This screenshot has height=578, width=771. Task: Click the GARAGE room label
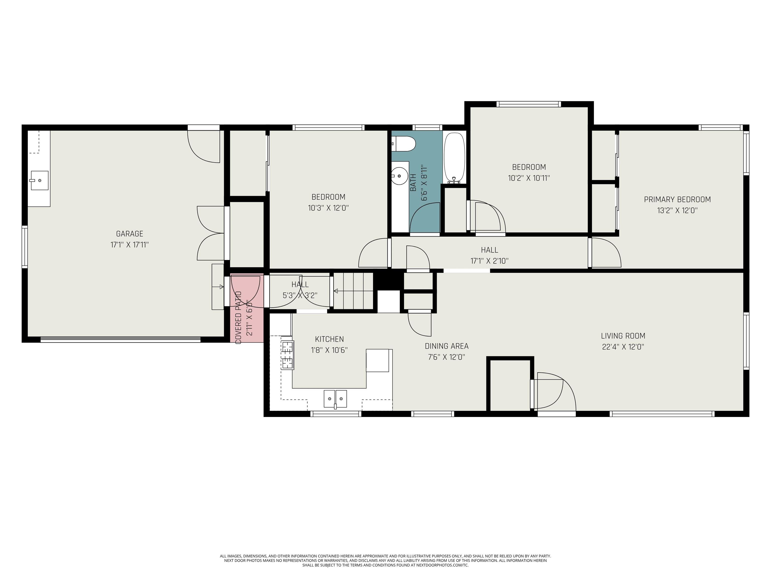(x=130, y=234)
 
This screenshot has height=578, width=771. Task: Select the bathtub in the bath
(x=454, y=158)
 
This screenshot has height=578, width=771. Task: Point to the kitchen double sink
(x=335, y=399)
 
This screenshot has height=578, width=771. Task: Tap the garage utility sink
(x=39, y=180)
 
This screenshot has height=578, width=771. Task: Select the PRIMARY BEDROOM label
(x=677, y=200)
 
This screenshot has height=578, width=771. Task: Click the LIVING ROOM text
(x=623, y=336)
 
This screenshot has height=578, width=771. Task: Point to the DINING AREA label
(x=446, y=346)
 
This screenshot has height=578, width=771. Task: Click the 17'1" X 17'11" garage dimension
(x=130, y=245)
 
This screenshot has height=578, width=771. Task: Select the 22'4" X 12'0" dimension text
(x=623, y=347)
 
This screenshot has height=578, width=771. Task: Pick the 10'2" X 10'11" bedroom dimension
(x=529, y=178)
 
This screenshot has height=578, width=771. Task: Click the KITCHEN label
(x=329, y=339)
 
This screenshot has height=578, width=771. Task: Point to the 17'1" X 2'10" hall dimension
(x=489, y=261)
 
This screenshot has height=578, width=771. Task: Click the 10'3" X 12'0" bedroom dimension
(x=328, y=208)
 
